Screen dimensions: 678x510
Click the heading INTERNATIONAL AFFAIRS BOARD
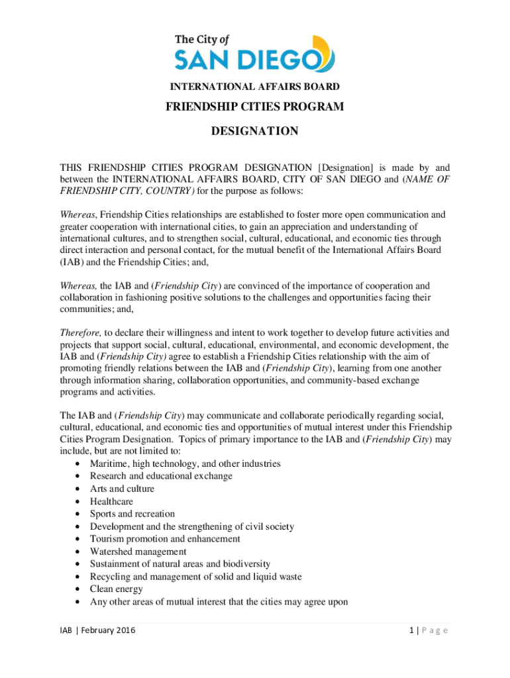255,87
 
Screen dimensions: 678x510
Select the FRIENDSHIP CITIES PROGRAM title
255,107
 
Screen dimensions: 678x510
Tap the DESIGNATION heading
255,131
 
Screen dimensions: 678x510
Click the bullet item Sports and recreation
132,514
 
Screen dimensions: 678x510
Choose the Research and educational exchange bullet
161,476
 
